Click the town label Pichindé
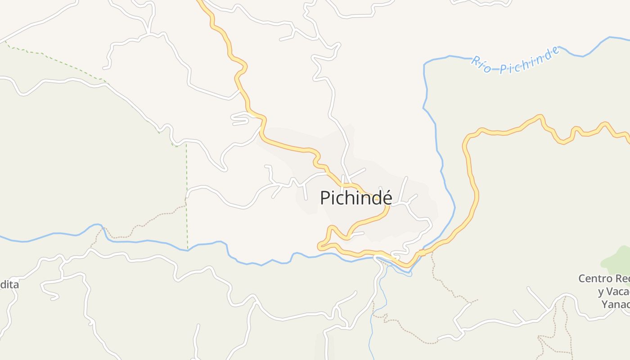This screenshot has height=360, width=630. click(x=356, y=198)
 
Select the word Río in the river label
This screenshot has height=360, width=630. click(x=481, y=65)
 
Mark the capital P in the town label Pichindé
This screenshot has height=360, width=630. click(x=325, y=198)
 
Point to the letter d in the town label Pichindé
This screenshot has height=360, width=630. click(x=374, y=198)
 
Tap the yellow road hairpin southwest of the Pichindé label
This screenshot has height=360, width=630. click(x=321, y=246)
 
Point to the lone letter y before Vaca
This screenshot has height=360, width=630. click(x=601, y=292)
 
